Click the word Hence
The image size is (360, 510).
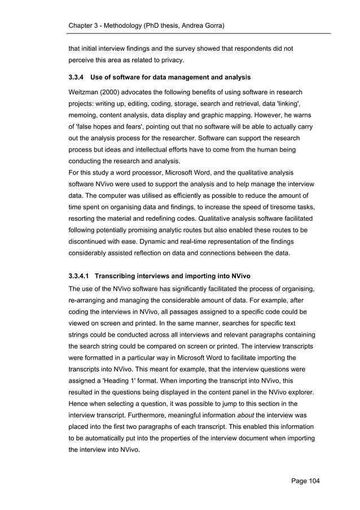tap(79, 404)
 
